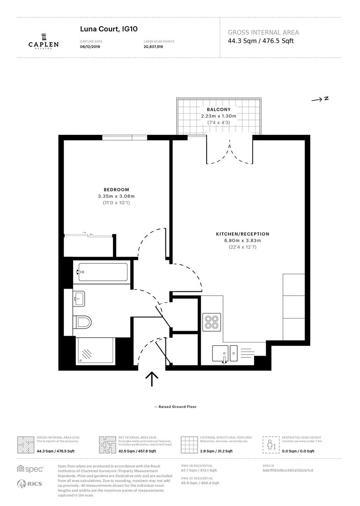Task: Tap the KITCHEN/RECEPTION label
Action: pos(242,234)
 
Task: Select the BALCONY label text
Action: pos(219,109)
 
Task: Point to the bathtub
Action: pos(103,271)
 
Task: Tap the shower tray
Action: pos(95,351)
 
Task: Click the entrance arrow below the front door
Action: pos(152,379)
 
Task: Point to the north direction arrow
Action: pos(321,99)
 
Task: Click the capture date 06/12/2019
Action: pos(90,47)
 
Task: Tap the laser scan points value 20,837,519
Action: pos(153,47)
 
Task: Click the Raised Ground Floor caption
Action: pos(175,407)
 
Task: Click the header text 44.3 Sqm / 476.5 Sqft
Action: pos(260,41)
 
